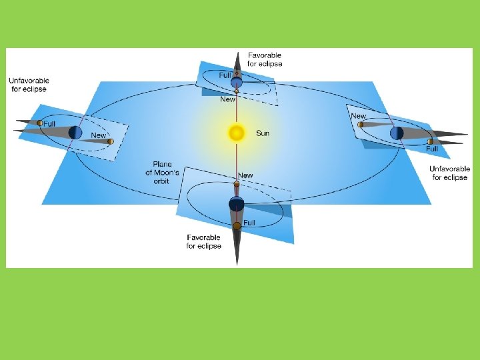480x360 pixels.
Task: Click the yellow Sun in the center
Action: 237,133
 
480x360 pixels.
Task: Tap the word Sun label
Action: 263,133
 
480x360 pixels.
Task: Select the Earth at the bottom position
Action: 237,205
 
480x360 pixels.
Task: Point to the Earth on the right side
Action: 397,133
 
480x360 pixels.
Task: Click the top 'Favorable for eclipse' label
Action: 265,59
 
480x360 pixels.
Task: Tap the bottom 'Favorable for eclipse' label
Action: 204,241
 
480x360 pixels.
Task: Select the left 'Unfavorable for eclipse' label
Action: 29,85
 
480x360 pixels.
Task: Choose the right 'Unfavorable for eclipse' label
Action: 450,173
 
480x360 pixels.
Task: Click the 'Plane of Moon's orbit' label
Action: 162,172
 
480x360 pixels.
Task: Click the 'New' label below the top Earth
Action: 227,99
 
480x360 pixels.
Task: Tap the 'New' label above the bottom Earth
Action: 245,175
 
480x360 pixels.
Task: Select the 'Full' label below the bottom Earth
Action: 249,223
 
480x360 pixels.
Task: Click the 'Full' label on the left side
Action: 49,124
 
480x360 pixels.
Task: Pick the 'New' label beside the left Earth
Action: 98,135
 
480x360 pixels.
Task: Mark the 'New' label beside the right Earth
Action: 359,116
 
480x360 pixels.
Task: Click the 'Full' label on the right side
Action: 432,149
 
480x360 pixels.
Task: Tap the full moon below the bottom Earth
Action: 237,226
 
